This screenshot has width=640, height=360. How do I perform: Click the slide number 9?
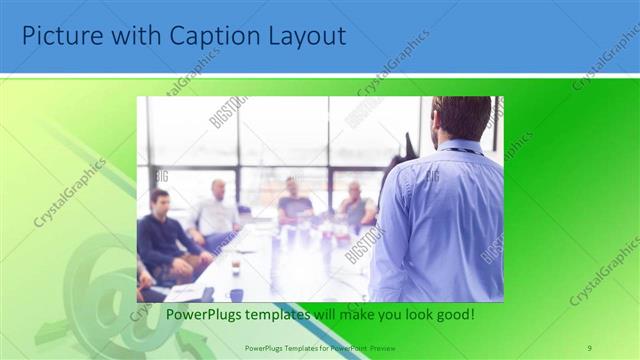coord(589,347)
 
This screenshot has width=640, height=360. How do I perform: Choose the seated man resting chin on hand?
coord(355,206)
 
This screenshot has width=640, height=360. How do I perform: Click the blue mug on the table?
coord(236,295)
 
